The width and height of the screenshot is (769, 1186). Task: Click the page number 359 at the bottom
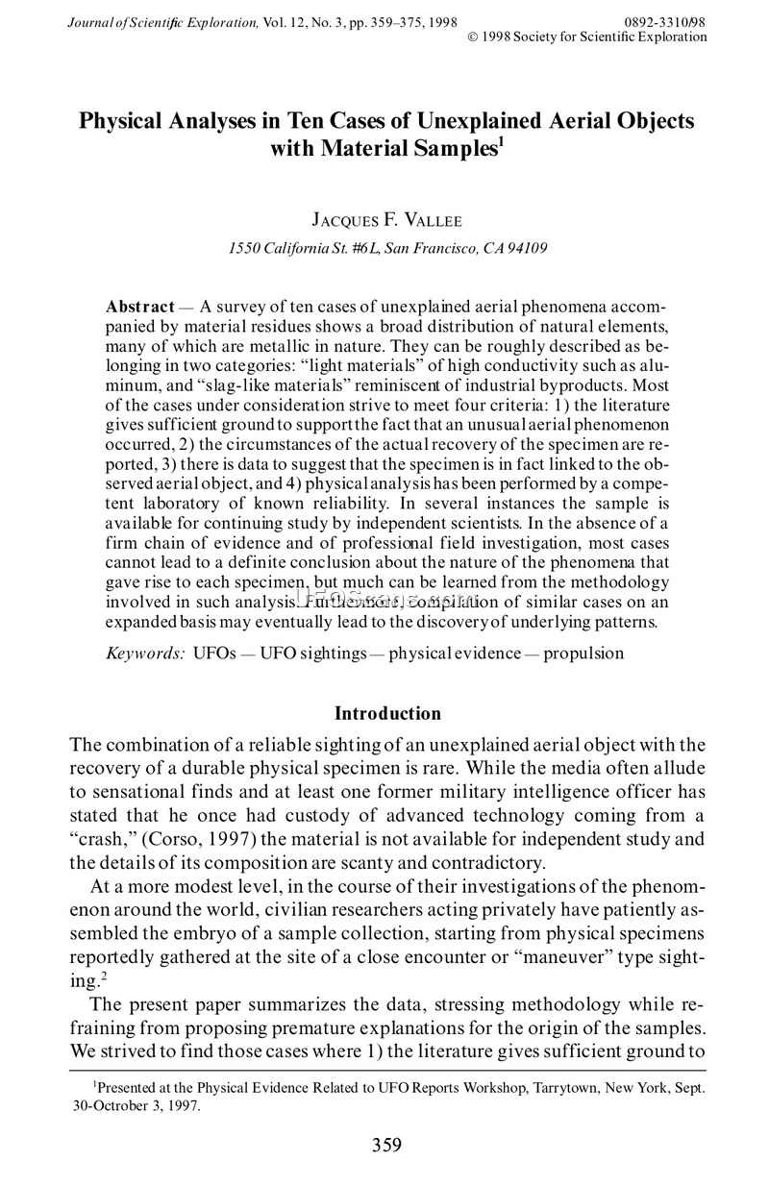(385, 1144)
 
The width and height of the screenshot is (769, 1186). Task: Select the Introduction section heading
(387, 713)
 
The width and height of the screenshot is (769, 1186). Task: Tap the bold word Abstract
(139, 306)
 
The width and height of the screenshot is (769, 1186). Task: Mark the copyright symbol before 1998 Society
(471, 37)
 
